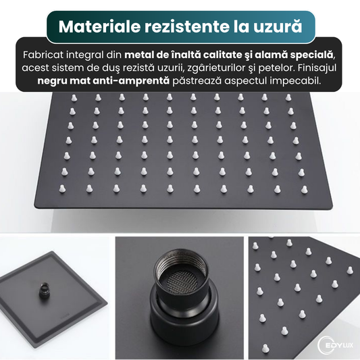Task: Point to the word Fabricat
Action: tap(43, 54)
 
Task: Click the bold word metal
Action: tap(140, 54)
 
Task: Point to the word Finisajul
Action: tap(324, 68)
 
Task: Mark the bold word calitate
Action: tap(222, 54)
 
